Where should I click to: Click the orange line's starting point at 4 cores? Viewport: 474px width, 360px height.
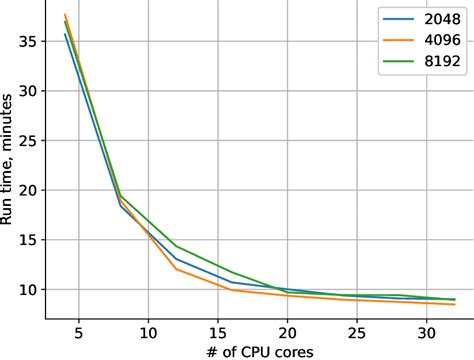coord(65,15)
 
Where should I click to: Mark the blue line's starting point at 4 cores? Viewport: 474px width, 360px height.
coord(65,34)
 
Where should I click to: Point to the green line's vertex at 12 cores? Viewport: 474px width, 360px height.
coord(176,246)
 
